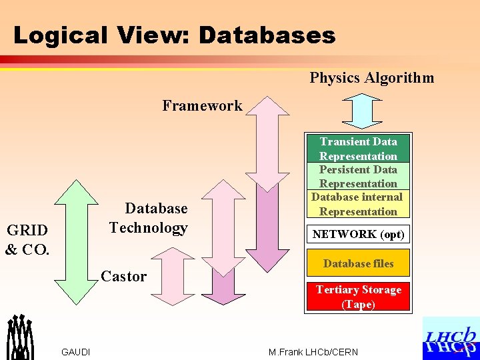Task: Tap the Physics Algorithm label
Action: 371,78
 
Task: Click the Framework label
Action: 202,105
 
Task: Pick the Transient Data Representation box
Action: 358,149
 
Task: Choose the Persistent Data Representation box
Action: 358,177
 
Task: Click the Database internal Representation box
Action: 358,204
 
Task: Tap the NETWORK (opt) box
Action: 358,234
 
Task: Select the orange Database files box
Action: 358,263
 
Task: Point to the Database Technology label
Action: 149,218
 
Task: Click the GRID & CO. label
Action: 27,240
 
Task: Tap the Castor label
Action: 123,276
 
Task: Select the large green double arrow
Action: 75,242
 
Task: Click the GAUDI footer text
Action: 76,352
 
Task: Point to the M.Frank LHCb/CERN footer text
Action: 313,352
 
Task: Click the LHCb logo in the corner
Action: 451,339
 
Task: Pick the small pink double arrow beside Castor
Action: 172,281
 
